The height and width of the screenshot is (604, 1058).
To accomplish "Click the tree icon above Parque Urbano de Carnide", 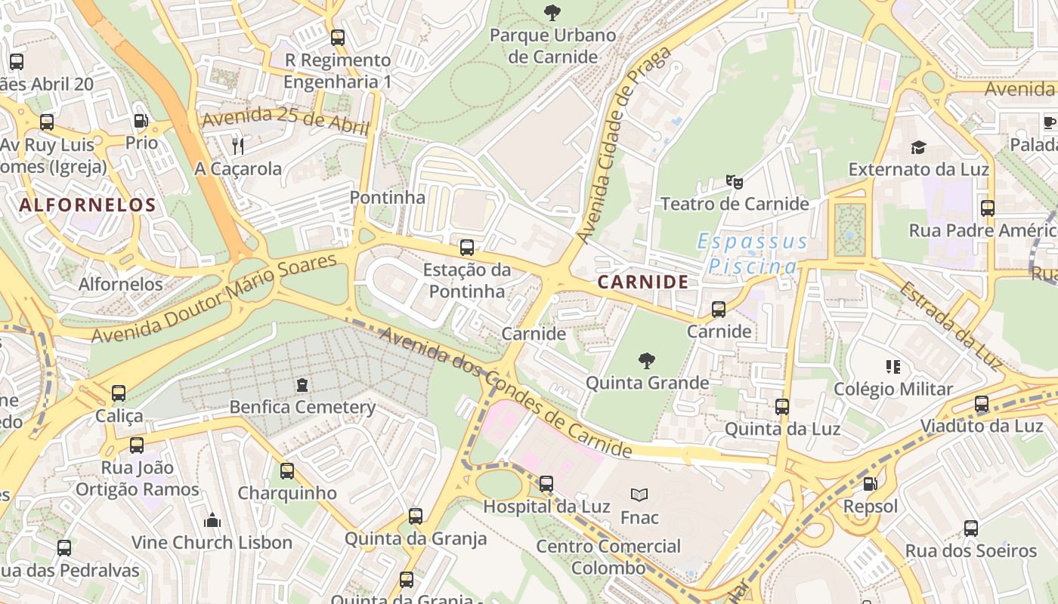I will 552,12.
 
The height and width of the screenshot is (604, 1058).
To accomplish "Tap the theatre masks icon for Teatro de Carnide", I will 734,181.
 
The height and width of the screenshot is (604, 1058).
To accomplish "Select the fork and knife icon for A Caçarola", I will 238,146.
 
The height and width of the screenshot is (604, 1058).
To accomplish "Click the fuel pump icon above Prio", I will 141,121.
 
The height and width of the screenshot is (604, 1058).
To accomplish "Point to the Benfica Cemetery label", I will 302,408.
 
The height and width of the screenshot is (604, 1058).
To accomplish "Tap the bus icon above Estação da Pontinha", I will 467,247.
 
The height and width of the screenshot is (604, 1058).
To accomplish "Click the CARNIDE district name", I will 643,282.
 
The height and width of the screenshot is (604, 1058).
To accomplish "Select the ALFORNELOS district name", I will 88,205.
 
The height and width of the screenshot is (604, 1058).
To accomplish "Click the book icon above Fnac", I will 639,495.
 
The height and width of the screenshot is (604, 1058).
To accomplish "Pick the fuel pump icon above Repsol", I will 871,483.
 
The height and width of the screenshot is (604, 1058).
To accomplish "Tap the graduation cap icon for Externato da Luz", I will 918,147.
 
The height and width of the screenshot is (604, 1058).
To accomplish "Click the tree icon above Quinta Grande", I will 647,360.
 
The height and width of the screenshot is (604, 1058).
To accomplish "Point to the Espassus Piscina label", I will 753,254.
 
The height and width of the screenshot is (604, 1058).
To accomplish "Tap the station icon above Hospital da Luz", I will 546,483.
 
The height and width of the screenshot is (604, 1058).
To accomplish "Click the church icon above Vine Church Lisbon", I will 212,520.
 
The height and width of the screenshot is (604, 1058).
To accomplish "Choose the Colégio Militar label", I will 892,390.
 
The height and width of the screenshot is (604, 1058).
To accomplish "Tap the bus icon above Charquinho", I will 287,471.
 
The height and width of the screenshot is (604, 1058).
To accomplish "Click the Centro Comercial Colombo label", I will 608,556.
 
